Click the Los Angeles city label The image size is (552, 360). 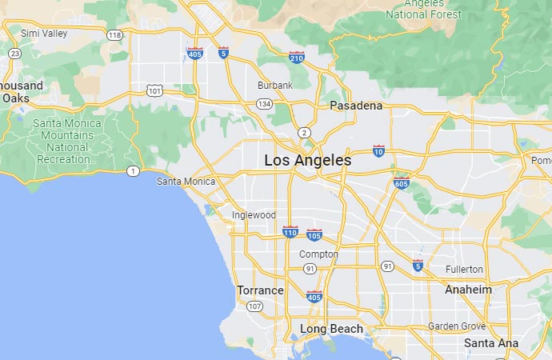[x=308, y=161]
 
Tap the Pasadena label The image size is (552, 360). [x=356, y=106]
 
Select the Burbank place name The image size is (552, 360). [x=275, y=85]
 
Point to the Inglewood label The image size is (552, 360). [x=254, y=215]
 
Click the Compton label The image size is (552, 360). [x=318, y=254]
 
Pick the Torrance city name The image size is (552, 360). [x=260, y=290]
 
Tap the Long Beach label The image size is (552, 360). [x=331, y=329]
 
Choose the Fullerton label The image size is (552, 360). [x=464, y=270]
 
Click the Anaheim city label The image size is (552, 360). [x=468, y=289]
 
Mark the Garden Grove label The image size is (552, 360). [x=456, y=326]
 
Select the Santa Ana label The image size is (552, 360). [x=491, y=343]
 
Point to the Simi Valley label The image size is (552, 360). [x=45, y=33]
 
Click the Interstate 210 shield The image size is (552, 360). [x=297, y=57]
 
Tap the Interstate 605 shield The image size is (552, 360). [x=402, y=182]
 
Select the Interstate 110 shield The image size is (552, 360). [x=290, y=232]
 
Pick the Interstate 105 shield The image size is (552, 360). [x=314, y=235]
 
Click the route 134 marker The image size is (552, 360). [x=263, y=104]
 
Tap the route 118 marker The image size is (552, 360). [x=115, y=35]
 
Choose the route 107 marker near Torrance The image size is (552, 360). [x=254, y=306]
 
